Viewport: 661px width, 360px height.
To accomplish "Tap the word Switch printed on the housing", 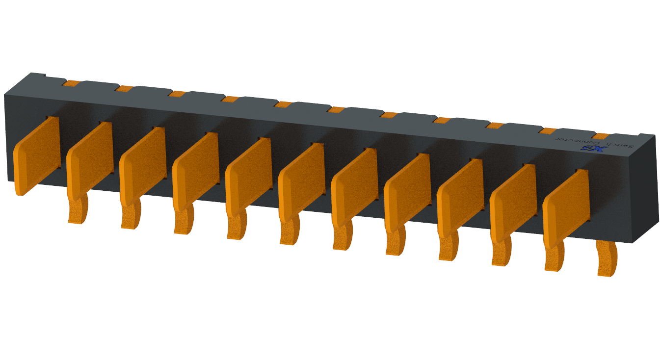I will [x=620, y=145].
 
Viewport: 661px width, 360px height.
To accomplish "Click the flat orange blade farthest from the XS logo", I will [x=37, y=154].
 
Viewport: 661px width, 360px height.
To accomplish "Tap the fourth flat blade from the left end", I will [x=195, y=171].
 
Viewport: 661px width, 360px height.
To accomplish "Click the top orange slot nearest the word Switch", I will [x=601, y=136].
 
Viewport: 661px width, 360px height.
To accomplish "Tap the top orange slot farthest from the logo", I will [x=72, y=83].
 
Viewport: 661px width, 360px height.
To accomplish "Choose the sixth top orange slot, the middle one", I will [x=336, y=109].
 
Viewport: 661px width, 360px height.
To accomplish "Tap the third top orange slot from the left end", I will [x=178, y=94].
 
